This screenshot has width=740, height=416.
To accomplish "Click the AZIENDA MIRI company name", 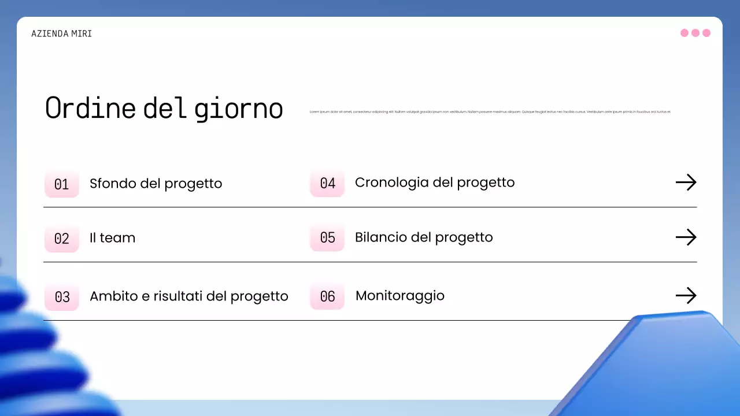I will (x=62, y=34).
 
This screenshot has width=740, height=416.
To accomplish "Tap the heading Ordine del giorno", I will (x=164, y=108).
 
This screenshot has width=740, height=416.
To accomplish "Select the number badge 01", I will (x=62, y=184).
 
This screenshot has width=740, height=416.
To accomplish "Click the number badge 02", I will (x=62, y=238).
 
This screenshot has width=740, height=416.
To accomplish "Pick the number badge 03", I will (x=62, y=296).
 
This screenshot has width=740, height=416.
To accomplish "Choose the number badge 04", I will (x=327, y=183).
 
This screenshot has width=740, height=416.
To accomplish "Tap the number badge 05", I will (x=327, y=237).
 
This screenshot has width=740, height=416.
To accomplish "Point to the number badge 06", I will (x=327, y=296).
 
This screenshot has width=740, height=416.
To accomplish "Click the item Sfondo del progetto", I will (x=156, y=184).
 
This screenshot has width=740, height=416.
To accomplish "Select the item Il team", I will (x=112, y=238).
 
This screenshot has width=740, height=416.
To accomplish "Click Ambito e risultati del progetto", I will (x=188, y=296).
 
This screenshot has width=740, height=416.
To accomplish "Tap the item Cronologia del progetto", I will (x=434, y=183).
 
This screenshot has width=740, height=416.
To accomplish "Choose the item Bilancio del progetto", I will (x=424, y=237).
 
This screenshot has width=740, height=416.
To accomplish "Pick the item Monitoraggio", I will (x=400, y=296).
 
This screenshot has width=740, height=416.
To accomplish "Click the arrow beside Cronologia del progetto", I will (x=686, y=183).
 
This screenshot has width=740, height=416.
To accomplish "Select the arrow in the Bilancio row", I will (x=686, y=237).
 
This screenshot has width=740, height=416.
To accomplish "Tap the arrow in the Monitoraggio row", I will (x=686, y=296).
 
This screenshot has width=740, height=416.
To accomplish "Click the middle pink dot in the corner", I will (x=695, y=33).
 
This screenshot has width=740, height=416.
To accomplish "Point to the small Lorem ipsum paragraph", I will (x=490, y=112).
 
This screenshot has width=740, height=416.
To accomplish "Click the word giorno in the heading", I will (x=238, y=109).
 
